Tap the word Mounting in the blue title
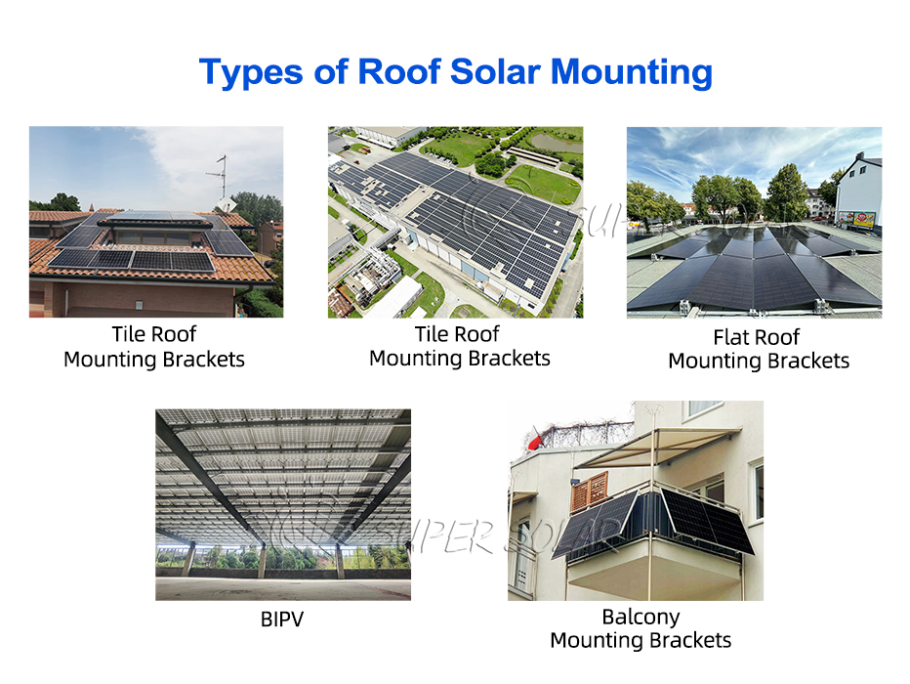coord(631,73)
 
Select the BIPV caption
coord(282,619)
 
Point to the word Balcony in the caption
coord(641,618)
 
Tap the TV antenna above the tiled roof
coord(220,175)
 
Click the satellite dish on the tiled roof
coord(227,205)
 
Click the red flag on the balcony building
coord(535,440)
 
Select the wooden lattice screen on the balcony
coord(589,492)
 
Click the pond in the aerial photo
coord(556,142)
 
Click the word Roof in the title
coord(399,71)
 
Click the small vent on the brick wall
coord(139,304)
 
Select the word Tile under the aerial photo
coord(426,334)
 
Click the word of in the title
coord(330,71)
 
